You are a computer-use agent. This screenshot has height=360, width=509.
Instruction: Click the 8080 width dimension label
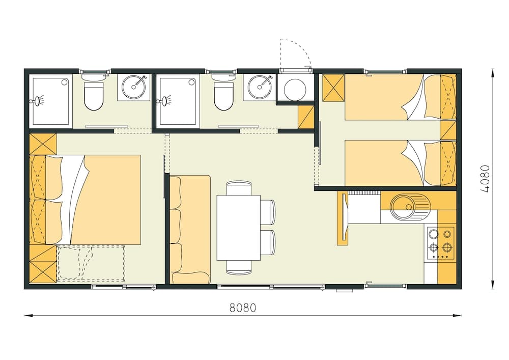pyautogui.click(x=242, y=308)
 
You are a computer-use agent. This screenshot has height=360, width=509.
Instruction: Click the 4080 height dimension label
pyautogui.click(x=485, y=178)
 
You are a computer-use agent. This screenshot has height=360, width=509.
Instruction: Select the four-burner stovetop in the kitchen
pyautogui.click(x=440, y=241)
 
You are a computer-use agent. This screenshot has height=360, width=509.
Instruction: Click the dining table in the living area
pyautogui.click(x=238, y=228)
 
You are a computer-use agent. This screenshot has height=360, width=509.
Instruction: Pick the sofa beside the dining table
pyautogui.click(x=190, y=229)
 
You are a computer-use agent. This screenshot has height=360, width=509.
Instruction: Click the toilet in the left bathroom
pyautogui.click(x=93, y=95)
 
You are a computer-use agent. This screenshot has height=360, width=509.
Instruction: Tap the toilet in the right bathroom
pyautogui.click(x=223, y=95)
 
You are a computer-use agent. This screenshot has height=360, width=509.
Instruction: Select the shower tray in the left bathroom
pyautogui.click(x=50, y=101)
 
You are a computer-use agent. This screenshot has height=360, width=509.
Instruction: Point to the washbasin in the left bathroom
pyautogui.click(x=134, y=87)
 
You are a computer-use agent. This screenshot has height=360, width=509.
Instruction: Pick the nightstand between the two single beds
pyautogui.click(x=448, y=130)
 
